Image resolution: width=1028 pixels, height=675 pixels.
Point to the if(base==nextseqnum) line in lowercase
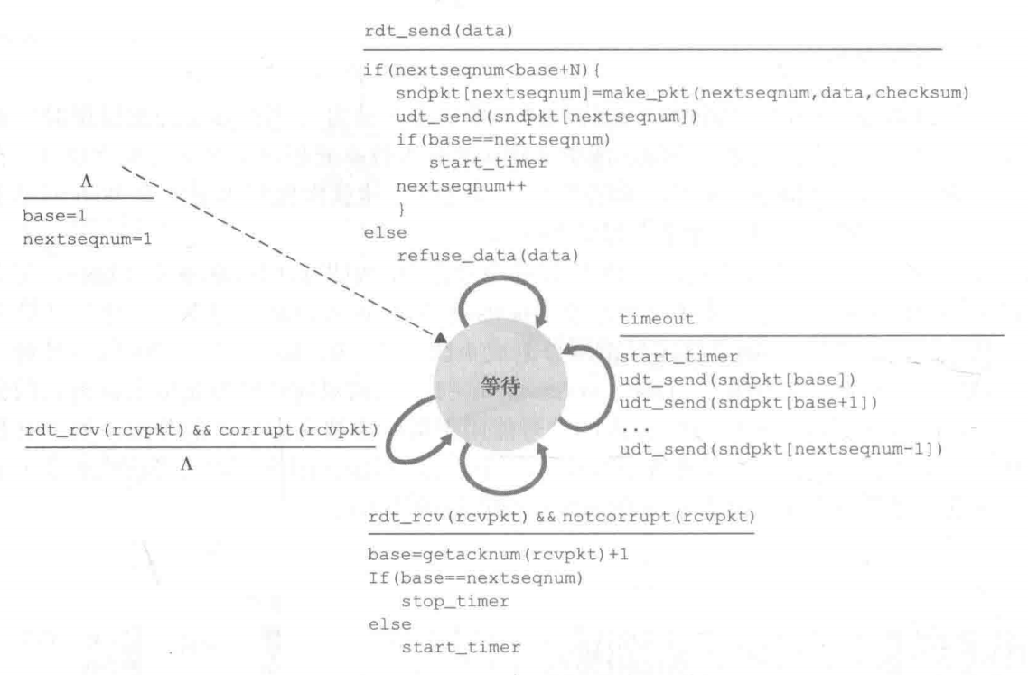[x=475, y=140]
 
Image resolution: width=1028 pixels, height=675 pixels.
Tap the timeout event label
[x=657, y=320]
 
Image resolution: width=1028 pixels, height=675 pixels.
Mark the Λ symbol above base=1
[x=87, y=183]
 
